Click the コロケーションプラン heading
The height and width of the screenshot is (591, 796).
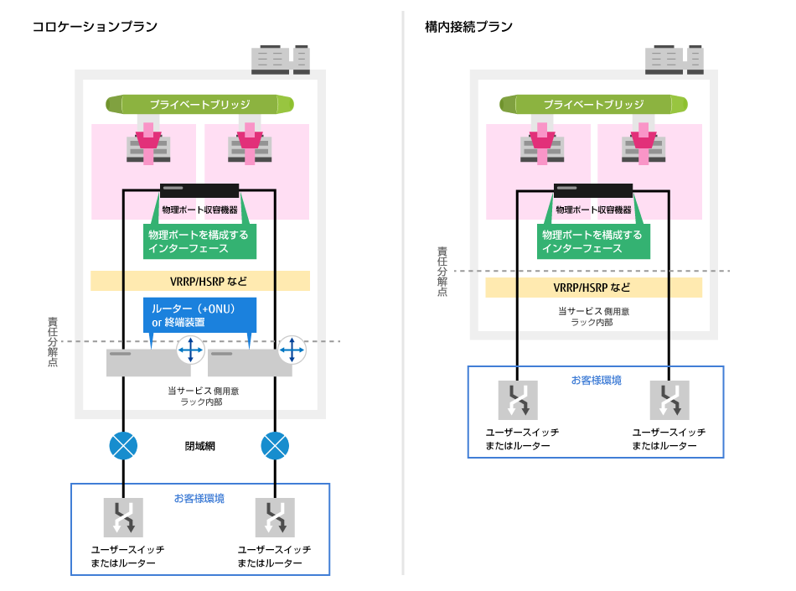click(95, 27)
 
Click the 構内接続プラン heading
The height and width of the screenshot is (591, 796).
click(468, 27)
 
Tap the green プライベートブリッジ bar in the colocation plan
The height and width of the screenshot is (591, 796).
click(199, 105)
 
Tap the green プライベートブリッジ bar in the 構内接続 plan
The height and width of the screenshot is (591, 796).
click(593, 105)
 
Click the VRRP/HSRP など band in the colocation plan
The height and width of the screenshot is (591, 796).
click(199, 281)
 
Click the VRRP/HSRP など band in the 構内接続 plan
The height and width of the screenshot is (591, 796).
click(593, 288)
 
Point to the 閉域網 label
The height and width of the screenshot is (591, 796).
click(199, 446)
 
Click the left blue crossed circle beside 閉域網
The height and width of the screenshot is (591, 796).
click(123, 445)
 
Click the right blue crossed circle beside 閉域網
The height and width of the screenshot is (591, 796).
click(275, 445)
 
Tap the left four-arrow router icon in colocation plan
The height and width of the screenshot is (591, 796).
click(191, 350)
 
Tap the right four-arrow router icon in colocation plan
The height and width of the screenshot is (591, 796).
click(292, 350)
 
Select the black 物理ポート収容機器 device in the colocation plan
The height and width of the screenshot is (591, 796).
click(199, 190)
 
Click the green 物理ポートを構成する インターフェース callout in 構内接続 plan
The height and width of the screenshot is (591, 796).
click(592, 241)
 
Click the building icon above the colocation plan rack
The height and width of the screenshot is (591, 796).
click(280, 60)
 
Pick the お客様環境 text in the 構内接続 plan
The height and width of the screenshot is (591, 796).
click(596, 380)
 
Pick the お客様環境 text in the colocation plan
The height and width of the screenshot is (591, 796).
click(199, 498)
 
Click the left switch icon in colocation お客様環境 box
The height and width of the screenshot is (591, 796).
click(123, 517)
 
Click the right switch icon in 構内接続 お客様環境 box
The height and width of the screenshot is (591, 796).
click(669, 400)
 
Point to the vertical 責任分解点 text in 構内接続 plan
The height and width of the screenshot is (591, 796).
click(442, 271)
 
